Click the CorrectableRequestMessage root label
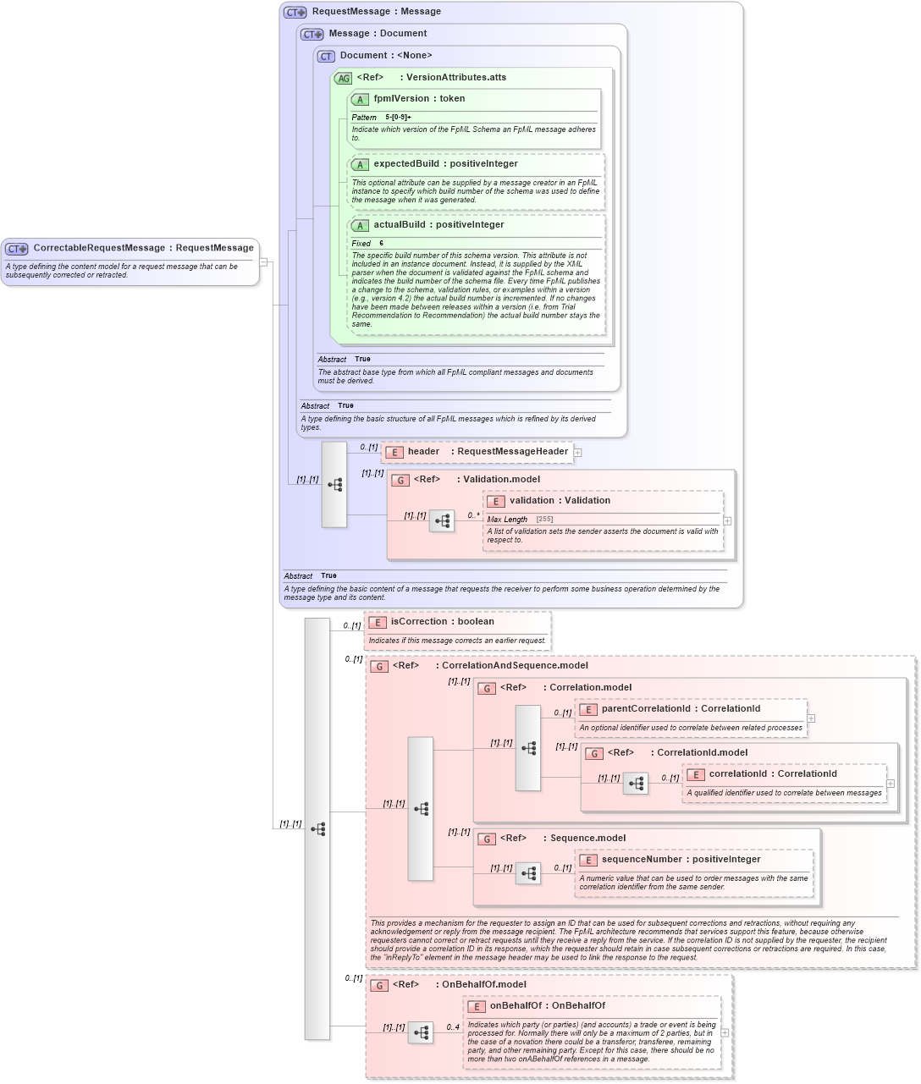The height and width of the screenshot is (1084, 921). pos(98,248)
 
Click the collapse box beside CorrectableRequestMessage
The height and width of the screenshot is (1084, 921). pos(263,261)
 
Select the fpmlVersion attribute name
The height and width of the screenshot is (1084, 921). pos(401,99)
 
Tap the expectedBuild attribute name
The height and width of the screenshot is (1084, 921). pos(406,164)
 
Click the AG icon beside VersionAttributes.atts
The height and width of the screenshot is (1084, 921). pos(343,78)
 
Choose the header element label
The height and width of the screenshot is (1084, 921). pos(423,452)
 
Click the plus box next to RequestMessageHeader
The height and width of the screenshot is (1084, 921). pos(577,453)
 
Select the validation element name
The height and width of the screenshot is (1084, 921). pos(532,501)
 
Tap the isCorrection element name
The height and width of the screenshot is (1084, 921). pos(418,622)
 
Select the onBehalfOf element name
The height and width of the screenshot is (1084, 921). pos(516,1006)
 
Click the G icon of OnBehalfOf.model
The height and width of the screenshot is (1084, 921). pos(379,985)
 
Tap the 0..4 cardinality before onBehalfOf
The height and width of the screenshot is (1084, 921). pos(453,1027)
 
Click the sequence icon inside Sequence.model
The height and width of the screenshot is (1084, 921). pos(528,873)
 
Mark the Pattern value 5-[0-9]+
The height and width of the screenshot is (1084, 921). pos(398,118)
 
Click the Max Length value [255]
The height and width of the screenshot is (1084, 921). pos(544,520)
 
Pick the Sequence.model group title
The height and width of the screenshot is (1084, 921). pos(587,839)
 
